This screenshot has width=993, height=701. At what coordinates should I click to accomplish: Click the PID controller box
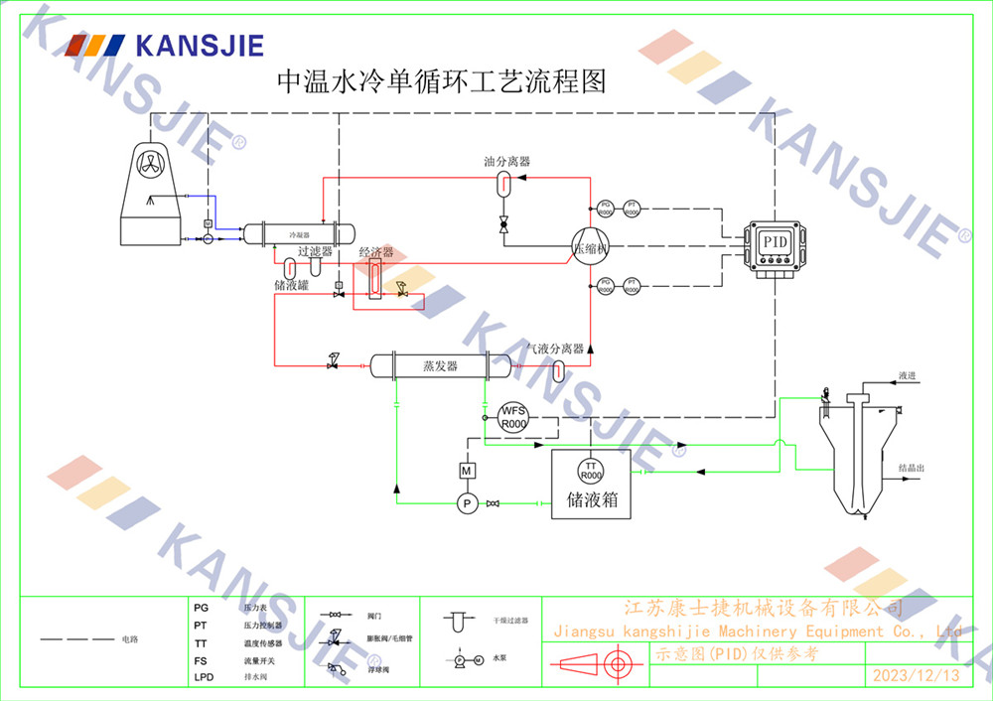pyautogui.click(x=774, y=243)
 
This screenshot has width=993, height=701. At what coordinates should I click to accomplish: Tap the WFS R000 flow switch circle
pyautogui.click(x=512, y=417)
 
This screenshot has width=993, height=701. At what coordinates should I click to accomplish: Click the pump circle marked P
pyautogui.click(x=467, y=504)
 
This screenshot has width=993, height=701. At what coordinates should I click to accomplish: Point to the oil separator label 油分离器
pyautogui.click(x=506, y=162)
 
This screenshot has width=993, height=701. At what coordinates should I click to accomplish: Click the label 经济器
pyautogui.click(x=376, y=253)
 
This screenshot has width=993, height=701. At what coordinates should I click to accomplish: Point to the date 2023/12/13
pyautogui.click(x=917, y=675)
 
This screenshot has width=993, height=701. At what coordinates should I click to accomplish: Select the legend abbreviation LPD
pyautogui.click(x=204, y=677)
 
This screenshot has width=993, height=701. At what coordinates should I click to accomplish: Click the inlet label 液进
pyautogui.click(x=907, y=376)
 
